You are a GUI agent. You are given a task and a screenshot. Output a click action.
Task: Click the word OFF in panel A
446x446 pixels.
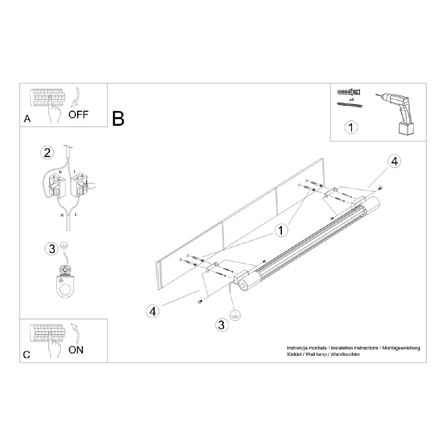(78, 115)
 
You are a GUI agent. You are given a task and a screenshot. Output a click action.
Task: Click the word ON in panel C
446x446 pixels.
(76, 350)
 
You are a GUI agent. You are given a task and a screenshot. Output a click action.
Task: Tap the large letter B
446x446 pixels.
(118, 118)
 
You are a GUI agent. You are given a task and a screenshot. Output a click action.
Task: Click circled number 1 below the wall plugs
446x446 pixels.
(351, 128)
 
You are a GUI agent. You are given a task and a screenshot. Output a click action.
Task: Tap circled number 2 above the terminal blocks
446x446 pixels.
(47, 153)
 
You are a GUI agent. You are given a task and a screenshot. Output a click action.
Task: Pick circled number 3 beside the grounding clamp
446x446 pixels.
(51, 248)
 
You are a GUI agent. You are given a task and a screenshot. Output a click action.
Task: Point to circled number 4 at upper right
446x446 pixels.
(394, 161)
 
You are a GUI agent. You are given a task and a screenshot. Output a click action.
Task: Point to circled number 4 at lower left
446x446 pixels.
(153, 311)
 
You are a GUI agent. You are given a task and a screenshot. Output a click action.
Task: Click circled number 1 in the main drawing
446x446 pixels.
(281, 230)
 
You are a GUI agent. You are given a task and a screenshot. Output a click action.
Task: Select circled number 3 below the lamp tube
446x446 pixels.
(220, 324)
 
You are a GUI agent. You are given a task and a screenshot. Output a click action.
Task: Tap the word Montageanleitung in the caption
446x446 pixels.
(401, 347)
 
